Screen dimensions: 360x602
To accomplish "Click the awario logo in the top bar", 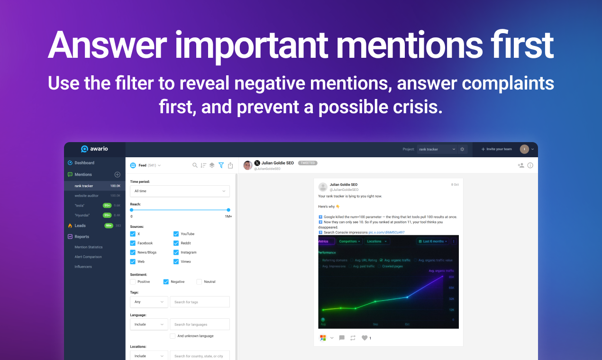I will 94,149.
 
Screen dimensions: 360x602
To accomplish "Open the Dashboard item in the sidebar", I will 84,163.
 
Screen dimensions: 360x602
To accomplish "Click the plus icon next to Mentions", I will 118,175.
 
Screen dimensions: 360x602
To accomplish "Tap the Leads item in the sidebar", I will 80,226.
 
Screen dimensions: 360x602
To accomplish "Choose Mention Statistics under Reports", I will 88,247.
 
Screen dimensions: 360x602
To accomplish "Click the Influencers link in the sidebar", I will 83,267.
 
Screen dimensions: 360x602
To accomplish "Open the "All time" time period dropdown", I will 180,191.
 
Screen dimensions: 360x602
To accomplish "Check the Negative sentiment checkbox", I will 166,282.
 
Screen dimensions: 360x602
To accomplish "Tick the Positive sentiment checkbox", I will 133,282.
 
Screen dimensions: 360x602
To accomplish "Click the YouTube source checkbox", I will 176,234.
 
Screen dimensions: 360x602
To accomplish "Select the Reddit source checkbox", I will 176,243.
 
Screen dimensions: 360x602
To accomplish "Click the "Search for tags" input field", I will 200,302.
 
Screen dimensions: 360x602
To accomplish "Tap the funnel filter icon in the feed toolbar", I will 221,165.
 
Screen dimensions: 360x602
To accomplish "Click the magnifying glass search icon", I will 195,165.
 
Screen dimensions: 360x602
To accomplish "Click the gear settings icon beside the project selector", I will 462,149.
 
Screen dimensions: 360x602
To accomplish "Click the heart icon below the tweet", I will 364,338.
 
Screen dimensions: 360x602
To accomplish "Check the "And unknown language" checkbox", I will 173,336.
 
